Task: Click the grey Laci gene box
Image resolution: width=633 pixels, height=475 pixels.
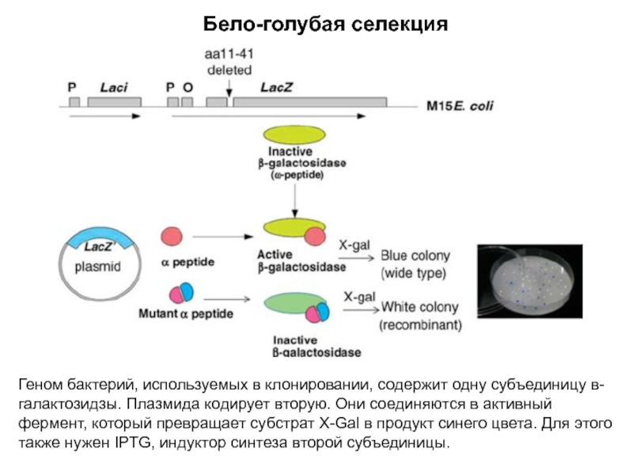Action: click(x=115, y=102)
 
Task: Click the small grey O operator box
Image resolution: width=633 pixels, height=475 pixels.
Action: click(x=187, y=102)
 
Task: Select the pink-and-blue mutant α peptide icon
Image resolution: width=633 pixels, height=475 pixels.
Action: click(x=183, y=294)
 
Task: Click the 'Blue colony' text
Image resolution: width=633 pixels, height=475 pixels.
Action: click(x=415, y=256)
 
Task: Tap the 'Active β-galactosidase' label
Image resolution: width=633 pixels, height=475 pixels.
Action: click(x=301, y=261)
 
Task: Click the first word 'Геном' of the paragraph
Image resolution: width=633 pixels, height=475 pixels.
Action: click(x=40, y=386)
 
